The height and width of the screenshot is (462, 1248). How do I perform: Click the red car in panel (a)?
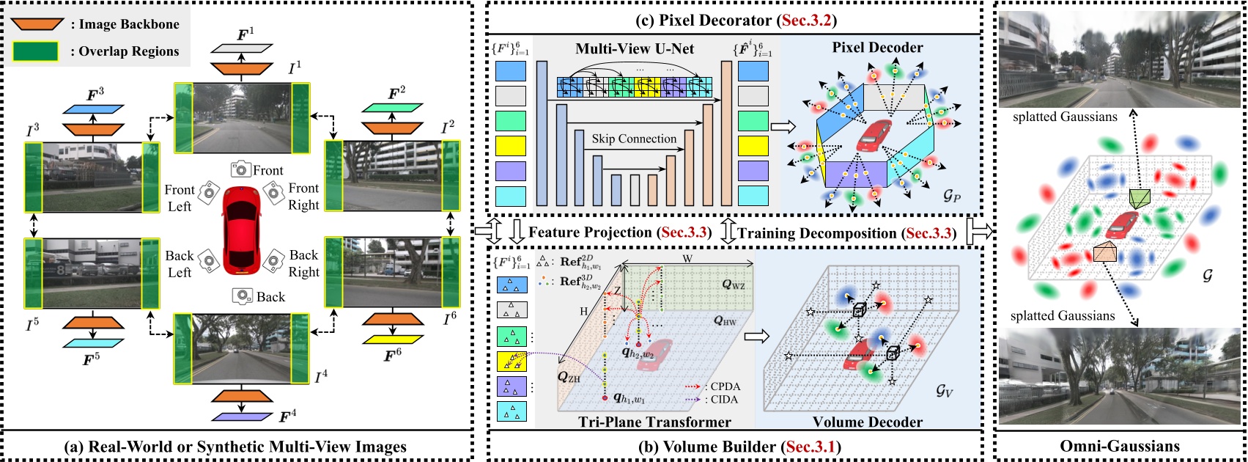coord(241,227)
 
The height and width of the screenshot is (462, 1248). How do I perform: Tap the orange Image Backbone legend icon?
coord(36,23)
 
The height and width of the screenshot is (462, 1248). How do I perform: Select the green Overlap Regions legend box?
coord(36,51)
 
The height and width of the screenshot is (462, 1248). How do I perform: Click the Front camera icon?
coord(240,170)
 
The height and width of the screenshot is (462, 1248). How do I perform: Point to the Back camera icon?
coord(243,296)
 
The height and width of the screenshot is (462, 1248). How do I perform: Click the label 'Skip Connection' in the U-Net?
coord(634,139)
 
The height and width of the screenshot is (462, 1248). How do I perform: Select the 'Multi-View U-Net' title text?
coord(635,49)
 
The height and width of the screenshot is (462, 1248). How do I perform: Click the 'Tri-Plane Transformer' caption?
coord(654,422)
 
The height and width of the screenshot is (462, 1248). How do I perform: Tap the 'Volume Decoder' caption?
coord(868,422)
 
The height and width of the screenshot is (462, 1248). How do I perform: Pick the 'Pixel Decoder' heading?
coord(877,48)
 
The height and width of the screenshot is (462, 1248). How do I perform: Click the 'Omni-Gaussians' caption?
coord(1120,446)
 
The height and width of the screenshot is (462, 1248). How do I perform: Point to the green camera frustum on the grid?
coord(1140,197)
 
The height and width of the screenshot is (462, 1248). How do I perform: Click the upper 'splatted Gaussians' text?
coord(1065,117)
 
